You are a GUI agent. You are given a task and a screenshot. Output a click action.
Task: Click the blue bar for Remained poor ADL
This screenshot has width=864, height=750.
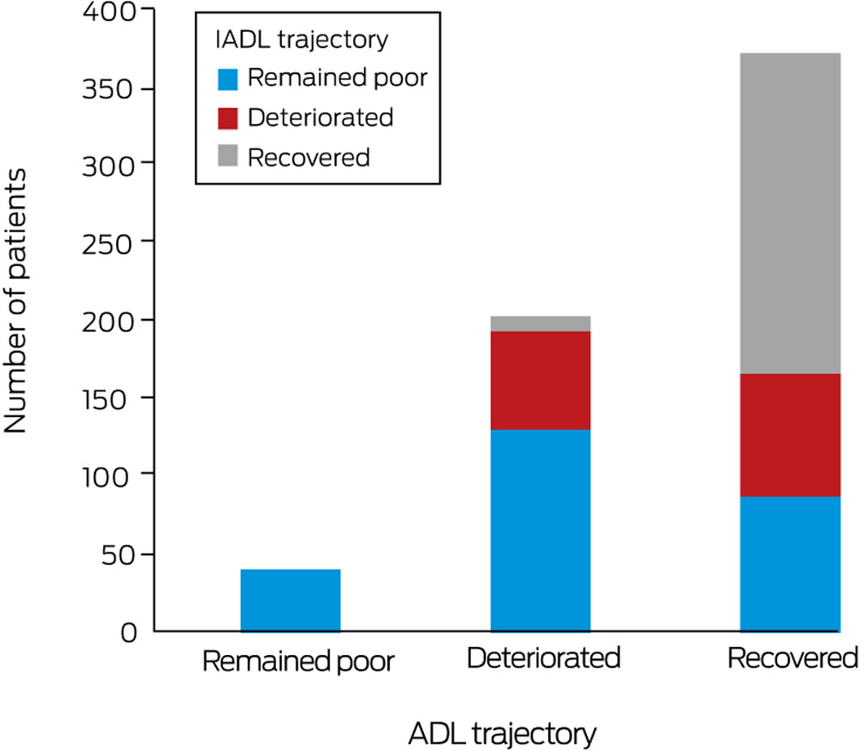pyautogui.click(x=291, y=600)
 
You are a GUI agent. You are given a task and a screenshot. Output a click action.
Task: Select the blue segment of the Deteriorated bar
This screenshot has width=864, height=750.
pyautogui.click(x=541, y=530)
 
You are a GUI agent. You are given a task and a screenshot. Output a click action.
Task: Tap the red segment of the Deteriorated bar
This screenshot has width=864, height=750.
pyautogui.click(x=541, y=380)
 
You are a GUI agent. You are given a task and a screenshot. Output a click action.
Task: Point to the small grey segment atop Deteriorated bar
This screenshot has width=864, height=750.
pyautogui.click(x=541, y=324)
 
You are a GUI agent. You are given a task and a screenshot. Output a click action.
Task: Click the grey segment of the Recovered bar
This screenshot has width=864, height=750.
pyautogui.click(x=790, y=213)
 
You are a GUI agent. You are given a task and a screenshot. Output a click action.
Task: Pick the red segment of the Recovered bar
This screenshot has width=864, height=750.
pyautogui.click(x=790, y=435)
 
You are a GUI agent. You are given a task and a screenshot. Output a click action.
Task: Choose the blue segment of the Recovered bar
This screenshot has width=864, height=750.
pyautogui.click(x=790, y=563)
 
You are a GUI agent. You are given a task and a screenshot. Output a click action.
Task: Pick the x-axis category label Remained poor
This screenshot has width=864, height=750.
pyautogui.click(x=297, y=662)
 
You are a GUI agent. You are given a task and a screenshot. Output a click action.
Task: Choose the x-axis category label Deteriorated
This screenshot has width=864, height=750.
pyautogui.click(x=543, y=658)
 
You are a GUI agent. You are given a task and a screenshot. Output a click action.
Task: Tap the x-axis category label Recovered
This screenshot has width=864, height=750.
pyautogui.click(x=793, y=658)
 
